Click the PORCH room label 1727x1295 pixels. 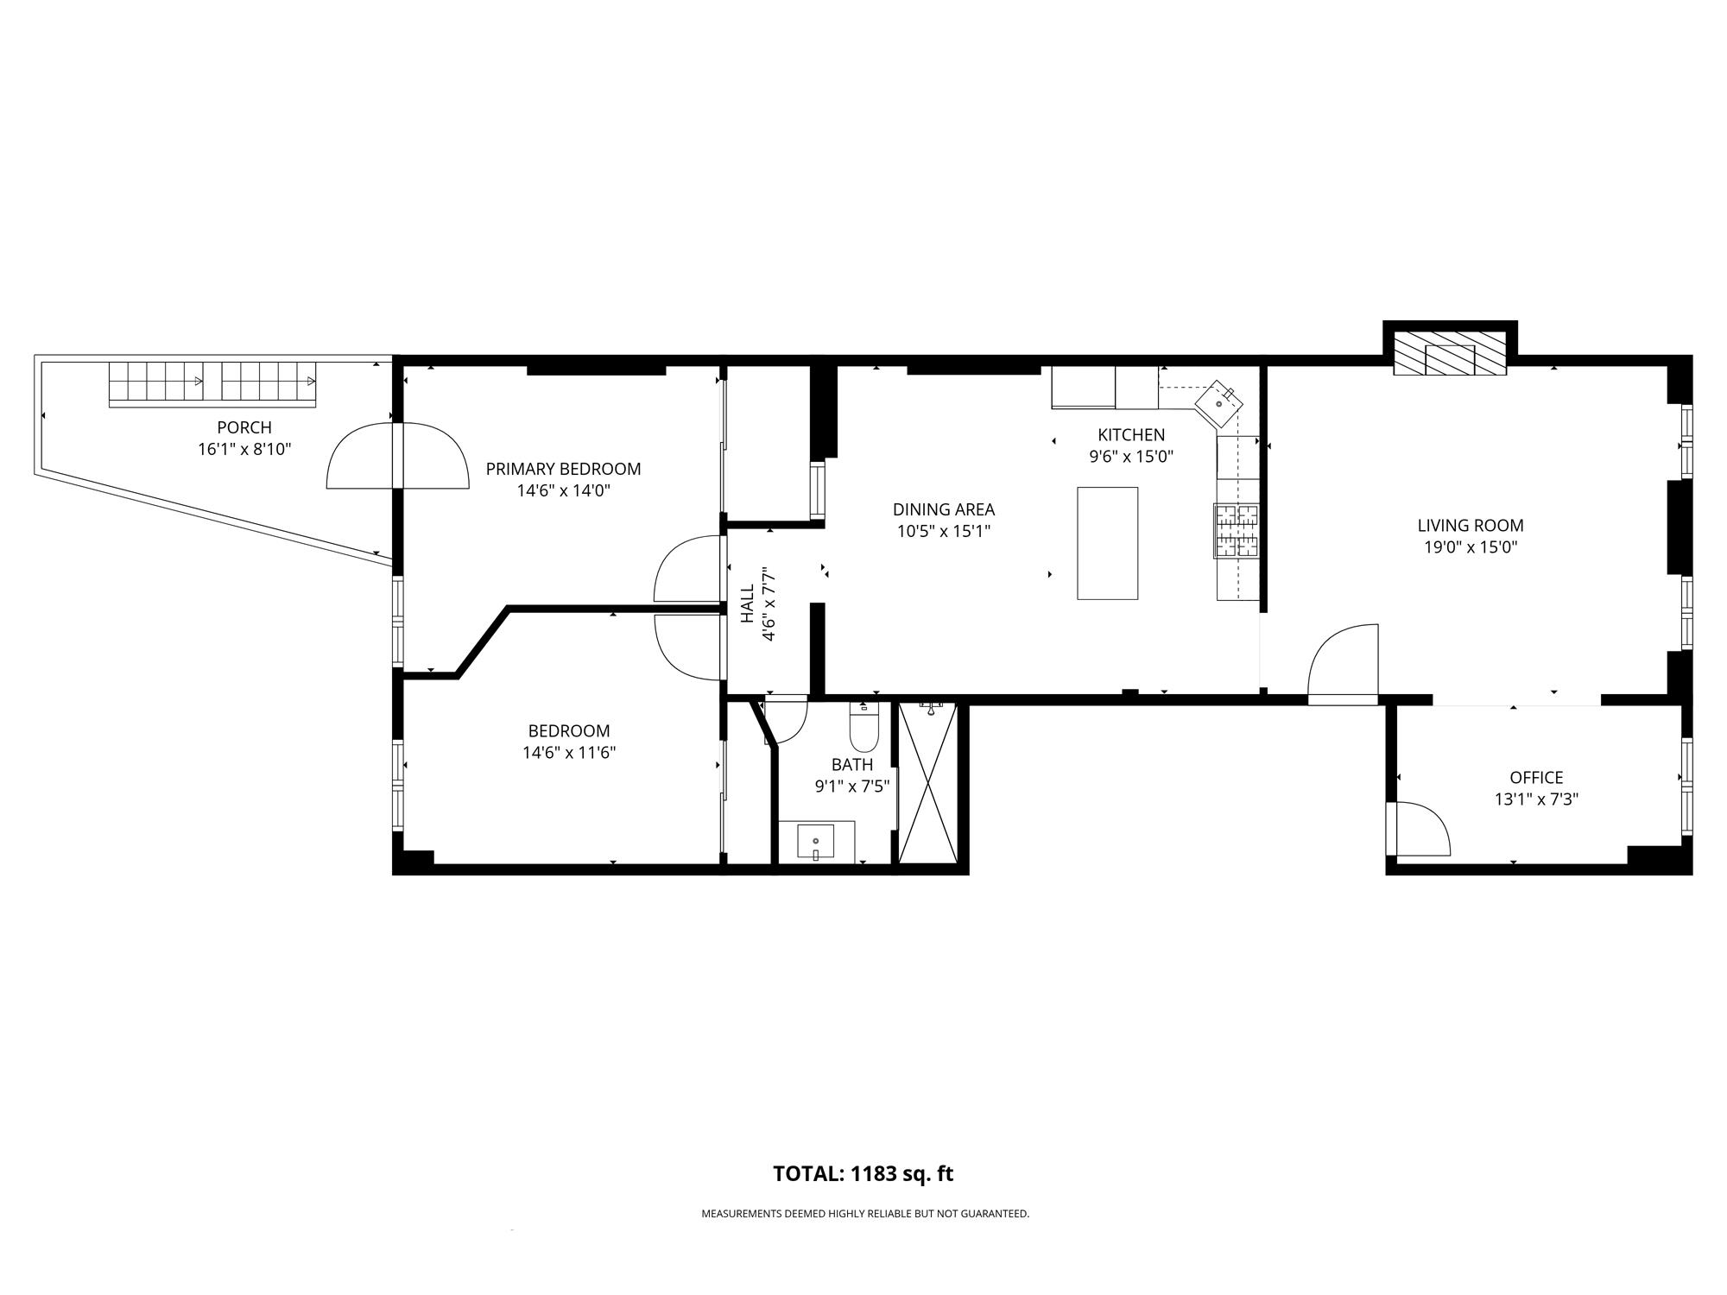pyautogui.click(x=244, y=427)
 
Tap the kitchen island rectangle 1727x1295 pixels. pyautogui.click(x=1107, y=543)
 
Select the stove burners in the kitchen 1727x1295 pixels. pyautogui.click(x=1237, y=530)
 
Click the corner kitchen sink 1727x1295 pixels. pyautogui.click(x=1219, y=403)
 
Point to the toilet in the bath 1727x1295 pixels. pyautogui.click(x=863, y=730)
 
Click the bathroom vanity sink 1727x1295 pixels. pyautogui.click(x=816, y=842)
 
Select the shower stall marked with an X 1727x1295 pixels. pyautogui.click(x=928, y=783)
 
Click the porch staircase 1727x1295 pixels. pyautogui.click(x=212, y=383)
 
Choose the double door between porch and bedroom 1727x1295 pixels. pyautogui.click(x=397, y=456)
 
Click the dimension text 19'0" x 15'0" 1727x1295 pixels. pyautogui.click(x=1471, y=546)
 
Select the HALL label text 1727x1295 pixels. pyautogui.click(x=748, y=603)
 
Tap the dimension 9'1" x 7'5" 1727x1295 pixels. pyautogui.click(x=852, y=786)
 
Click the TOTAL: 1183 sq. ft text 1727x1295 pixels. pyautogui.click(x=863, y=1174)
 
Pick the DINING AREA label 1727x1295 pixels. pyautogui.click(x=943, y=509)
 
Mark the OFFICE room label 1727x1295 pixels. pyautogui.click(x=1536, y=777)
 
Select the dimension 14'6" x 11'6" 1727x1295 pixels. pyautogui.click(x=569, y=753)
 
